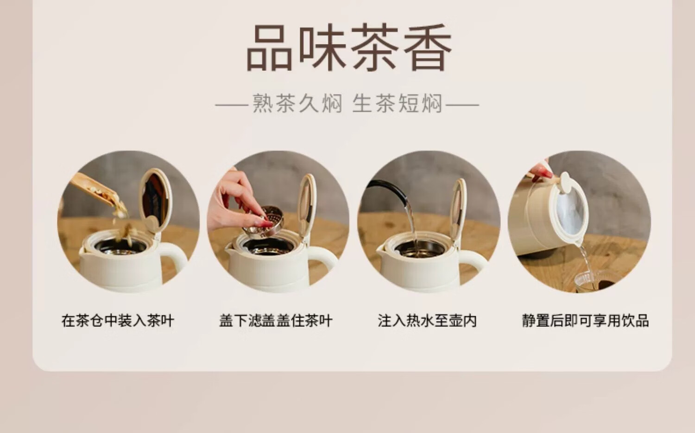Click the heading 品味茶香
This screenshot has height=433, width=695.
click(x=349, y=47)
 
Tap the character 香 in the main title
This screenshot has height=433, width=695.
click(x=428, y=47)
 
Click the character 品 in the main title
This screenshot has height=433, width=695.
click(x=269, y=48)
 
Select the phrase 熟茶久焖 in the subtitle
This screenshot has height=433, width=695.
click(x=297, y=103)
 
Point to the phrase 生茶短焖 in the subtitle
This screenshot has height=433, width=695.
click(x=397, y=103)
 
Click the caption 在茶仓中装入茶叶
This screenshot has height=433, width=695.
click(x=118, y=321)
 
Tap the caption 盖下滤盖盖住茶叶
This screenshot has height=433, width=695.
click(x=276, y=321)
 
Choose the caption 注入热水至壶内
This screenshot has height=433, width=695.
click(x=427, y=321)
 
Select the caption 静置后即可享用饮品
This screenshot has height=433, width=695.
click(x=585, y=321)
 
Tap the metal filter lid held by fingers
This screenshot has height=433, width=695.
click(x=264, y=222)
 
